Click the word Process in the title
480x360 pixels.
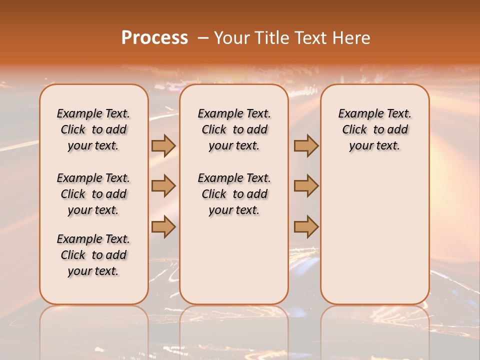click(154, 38)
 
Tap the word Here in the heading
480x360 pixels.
click(352, 38)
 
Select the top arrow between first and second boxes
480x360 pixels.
click(163, 146)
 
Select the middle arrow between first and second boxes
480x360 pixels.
click(163, 186)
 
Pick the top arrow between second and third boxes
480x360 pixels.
click(306, 146)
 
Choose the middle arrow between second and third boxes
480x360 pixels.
click(306, 186)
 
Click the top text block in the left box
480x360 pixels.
click(93, 129)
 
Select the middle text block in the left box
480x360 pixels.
click(93, 194)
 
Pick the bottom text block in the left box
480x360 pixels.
click(93, 255)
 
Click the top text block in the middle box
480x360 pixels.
click(234, 129)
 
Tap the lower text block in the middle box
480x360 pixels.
click(234, 194)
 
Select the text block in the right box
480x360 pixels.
click(374, 129)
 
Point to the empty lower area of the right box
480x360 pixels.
click(374, 230)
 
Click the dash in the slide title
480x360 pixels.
click(203, 38)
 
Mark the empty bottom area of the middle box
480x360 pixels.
click(234, 260)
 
